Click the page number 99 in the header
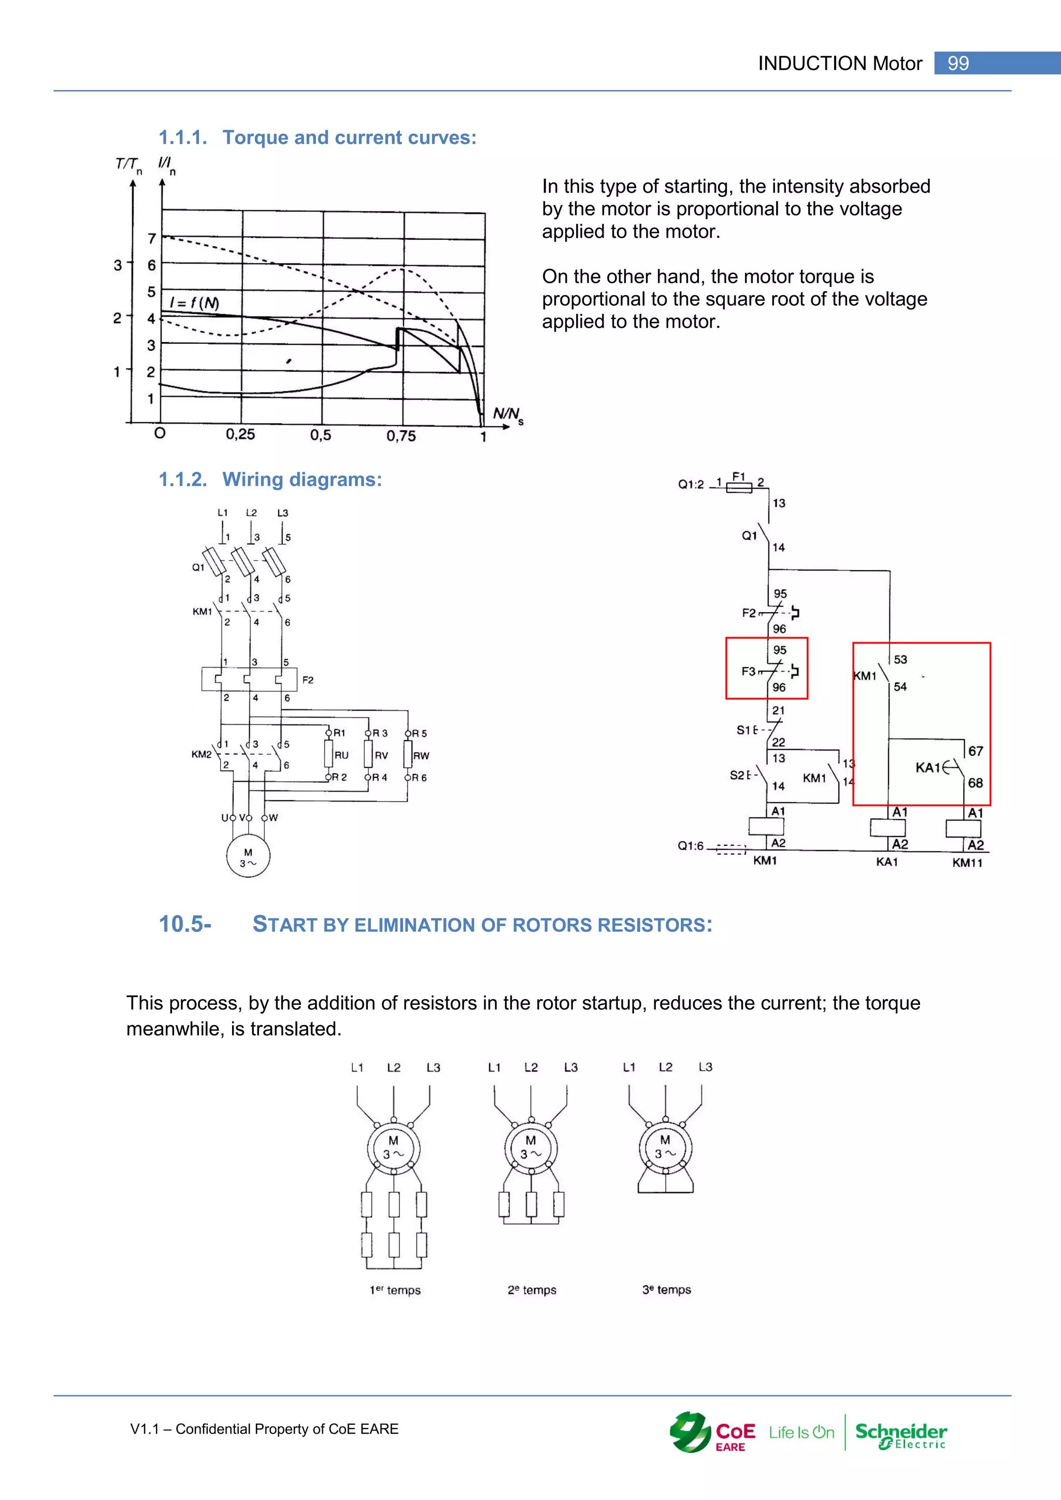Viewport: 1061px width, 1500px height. click(958, 63)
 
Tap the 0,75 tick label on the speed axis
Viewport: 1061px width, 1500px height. click(400, 436)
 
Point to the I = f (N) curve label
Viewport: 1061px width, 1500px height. click(194, 303)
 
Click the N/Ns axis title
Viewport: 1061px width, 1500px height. click(508, 415)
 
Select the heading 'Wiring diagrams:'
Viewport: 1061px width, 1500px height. click(302, 480)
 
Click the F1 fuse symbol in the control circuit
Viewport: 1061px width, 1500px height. click(739, 486)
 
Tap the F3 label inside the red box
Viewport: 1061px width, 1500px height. click(748, 671)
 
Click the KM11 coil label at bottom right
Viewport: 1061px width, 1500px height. click(967, 863)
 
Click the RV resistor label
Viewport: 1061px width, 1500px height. click(381, 756)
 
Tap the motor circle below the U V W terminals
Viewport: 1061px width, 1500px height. click(248, 856)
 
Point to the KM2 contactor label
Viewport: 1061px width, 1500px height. click(201, 755)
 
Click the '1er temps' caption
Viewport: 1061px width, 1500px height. click(395, 1290)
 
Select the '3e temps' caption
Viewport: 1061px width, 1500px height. click(666, 1290)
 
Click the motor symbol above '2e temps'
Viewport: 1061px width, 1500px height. click(531, 1148)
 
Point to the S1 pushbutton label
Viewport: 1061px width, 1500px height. click(745, 730)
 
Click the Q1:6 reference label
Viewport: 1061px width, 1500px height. click(691, 846)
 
